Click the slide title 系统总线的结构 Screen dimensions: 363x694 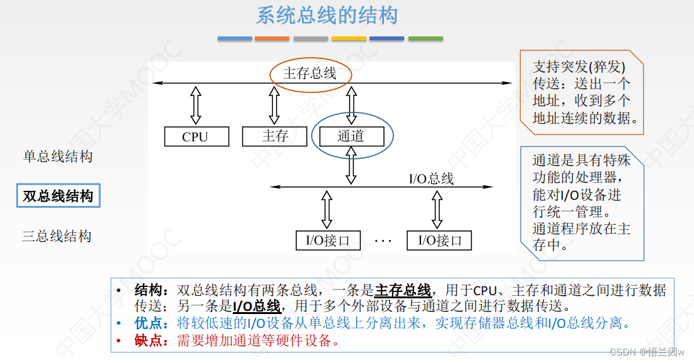(x=326, y=15)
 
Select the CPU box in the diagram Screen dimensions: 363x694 (x=196, y=136)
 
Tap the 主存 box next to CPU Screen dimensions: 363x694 (x=275, y=136)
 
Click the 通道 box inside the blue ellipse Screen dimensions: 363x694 (x=351, y=136)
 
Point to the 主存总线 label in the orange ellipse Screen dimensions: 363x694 (x=310, y=73)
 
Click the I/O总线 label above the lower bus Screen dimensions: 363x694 (x=431, y=179)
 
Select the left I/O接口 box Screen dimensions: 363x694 (x=328, y=240)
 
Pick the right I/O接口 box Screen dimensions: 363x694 (x=439, y=240)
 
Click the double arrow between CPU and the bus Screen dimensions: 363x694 (x=196, y=105)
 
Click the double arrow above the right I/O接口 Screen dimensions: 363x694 (x=437, y=209)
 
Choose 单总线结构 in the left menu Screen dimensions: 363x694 (x=58, y=156)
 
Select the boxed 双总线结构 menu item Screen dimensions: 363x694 (x=58, y=196)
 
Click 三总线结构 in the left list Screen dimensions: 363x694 (x=57, y=236)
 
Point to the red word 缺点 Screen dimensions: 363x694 (x=149, y=341)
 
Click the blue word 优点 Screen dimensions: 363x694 (x=149, y=323)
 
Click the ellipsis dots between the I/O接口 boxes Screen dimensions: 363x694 (x=383, y=241)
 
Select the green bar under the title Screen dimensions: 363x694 (x=425, y=39)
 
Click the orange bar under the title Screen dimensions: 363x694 (x=272, y=39)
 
